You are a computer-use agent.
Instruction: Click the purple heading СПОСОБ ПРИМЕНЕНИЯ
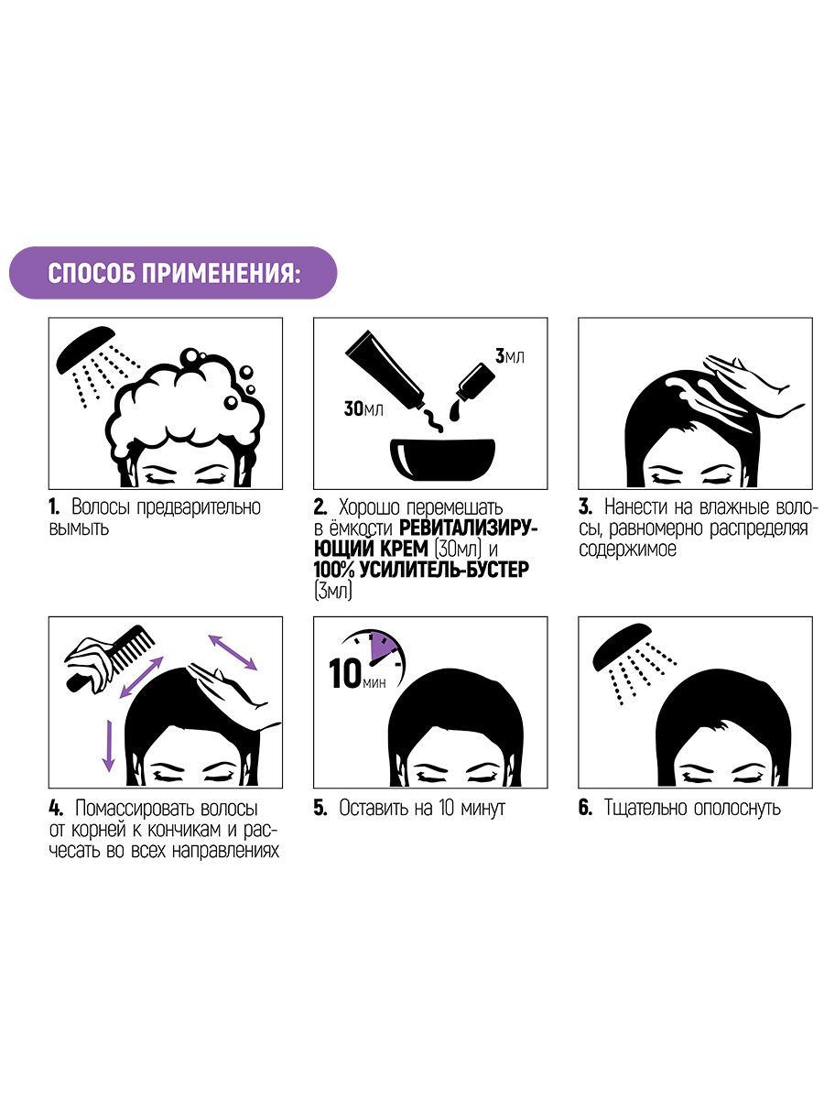click(174, 273)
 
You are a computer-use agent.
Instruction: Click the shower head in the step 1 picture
click(84, 350)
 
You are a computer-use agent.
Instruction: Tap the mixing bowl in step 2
click(442, 458)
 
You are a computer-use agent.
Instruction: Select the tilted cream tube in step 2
click(386, 368)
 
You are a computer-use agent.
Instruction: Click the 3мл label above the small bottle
click(510, 356)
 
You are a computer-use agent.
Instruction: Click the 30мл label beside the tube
click(363, 408)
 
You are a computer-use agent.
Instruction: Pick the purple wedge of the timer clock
click(381, 647)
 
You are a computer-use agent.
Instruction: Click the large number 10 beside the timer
click(345, 673)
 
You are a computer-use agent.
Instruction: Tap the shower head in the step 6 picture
click(622, 646)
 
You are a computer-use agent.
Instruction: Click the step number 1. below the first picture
click(54, 506)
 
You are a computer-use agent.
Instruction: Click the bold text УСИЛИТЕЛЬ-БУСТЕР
click(444, 570)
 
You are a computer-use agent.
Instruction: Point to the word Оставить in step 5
click(374, 808)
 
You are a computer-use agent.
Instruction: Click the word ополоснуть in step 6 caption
click(737, 808)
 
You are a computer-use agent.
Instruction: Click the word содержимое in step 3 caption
click(628, 549)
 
